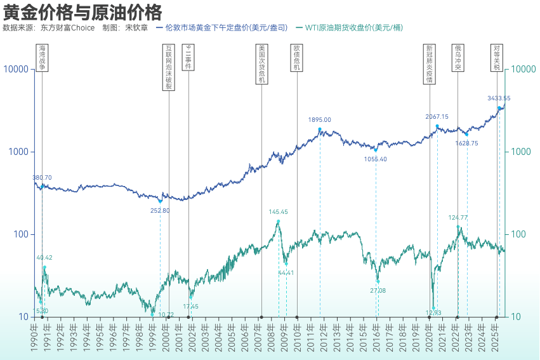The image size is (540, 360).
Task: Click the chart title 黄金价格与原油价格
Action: click(x=82, y=12)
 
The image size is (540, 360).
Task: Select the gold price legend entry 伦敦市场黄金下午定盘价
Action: click(x=226, y=28)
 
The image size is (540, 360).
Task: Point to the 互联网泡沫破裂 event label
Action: click(x=169, y=67)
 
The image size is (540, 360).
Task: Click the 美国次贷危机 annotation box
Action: click(x=262, y=63)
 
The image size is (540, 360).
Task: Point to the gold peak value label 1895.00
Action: click(x=320, y=119)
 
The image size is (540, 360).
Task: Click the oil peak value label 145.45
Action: click(x=279, y=212)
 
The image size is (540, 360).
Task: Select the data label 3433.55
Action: click(x=499, y=98)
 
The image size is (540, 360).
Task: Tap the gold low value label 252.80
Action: click(x=160, y=210)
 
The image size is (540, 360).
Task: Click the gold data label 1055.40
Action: click(x=376, y=159)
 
